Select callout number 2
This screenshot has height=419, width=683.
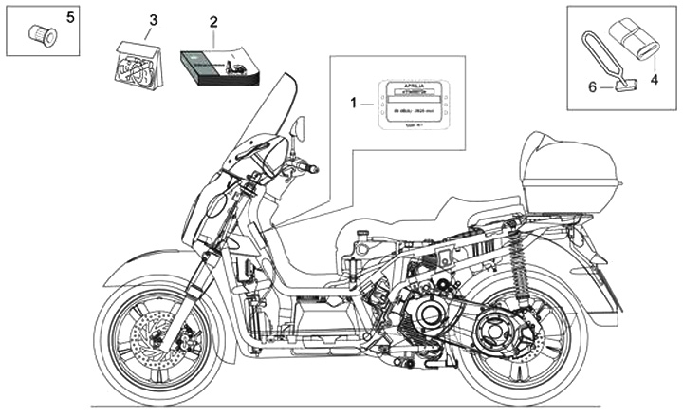pos(213,21)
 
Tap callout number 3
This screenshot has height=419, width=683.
pos(154,20)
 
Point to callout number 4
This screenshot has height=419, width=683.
pos(654,82)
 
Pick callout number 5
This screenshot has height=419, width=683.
pos(67,17)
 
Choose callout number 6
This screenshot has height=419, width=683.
pos(592,86)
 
